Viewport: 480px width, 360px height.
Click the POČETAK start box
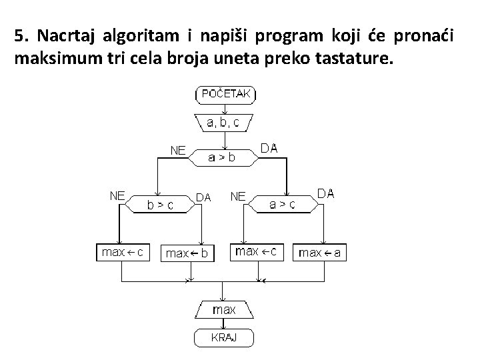pos(225,95)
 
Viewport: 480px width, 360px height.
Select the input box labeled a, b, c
pos(224,123)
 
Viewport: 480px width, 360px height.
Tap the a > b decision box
pos(223,157)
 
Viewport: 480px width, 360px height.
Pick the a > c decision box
pos(283,205)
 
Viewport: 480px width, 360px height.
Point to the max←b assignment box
pos(187,253)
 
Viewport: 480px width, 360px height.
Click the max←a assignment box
pos(320,253)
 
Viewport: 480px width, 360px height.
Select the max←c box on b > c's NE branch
pos(122,253)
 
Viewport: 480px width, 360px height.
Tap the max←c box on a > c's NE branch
pos(257,252)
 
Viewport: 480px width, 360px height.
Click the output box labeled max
pos(224,310)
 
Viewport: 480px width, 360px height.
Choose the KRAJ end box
pos(224,338)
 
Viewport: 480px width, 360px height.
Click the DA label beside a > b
pos(269,149)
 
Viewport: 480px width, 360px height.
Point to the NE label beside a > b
pos(178,150)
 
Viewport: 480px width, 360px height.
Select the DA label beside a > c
pos(326,193)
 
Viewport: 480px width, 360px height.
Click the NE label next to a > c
pos(238,196)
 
